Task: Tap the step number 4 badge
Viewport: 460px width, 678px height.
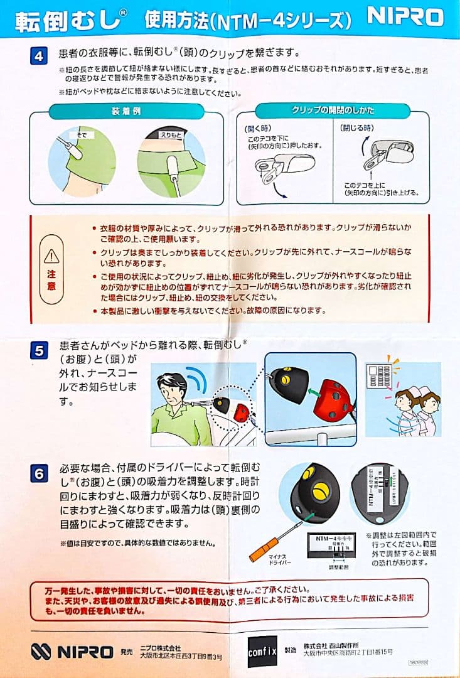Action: click(x=38, y=55)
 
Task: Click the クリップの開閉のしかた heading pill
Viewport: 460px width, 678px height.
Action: click(x=333, y=110)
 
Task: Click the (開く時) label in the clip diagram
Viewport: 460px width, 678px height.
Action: click(x=257, y=128)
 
